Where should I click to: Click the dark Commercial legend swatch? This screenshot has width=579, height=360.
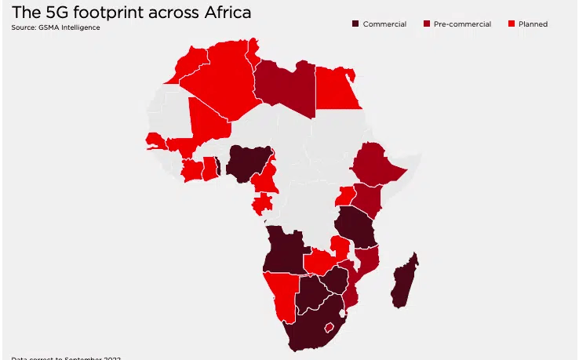tap(355, 24)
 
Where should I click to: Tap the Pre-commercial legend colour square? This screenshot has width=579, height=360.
tap(427, 24)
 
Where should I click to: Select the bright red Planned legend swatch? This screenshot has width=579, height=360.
tap(512, 24)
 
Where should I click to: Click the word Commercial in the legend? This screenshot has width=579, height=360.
tap(384, 24)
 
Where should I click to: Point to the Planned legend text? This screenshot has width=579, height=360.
tap(533, 24)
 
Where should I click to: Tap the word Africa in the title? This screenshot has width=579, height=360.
tap(222, 13)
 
